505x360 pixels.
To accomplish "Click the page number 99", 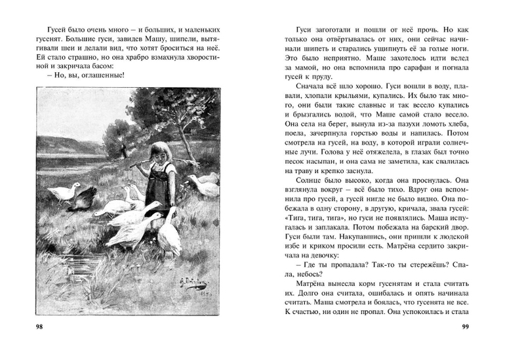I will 466,327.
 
